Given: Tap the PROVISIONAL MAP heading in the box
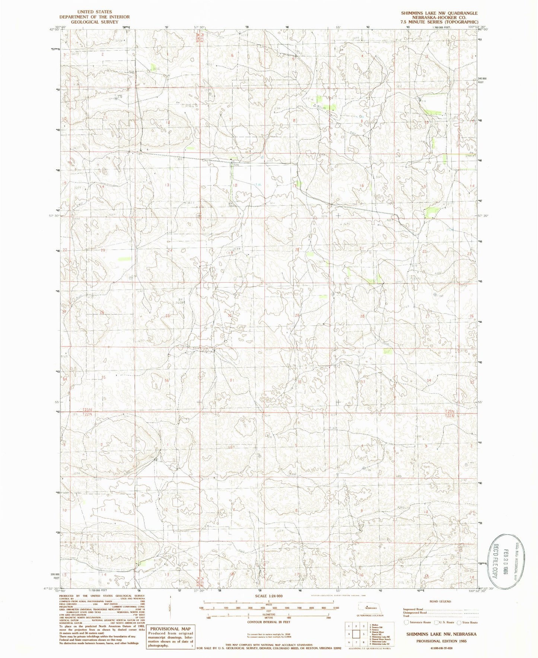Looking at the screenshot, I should coord(171,629).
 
